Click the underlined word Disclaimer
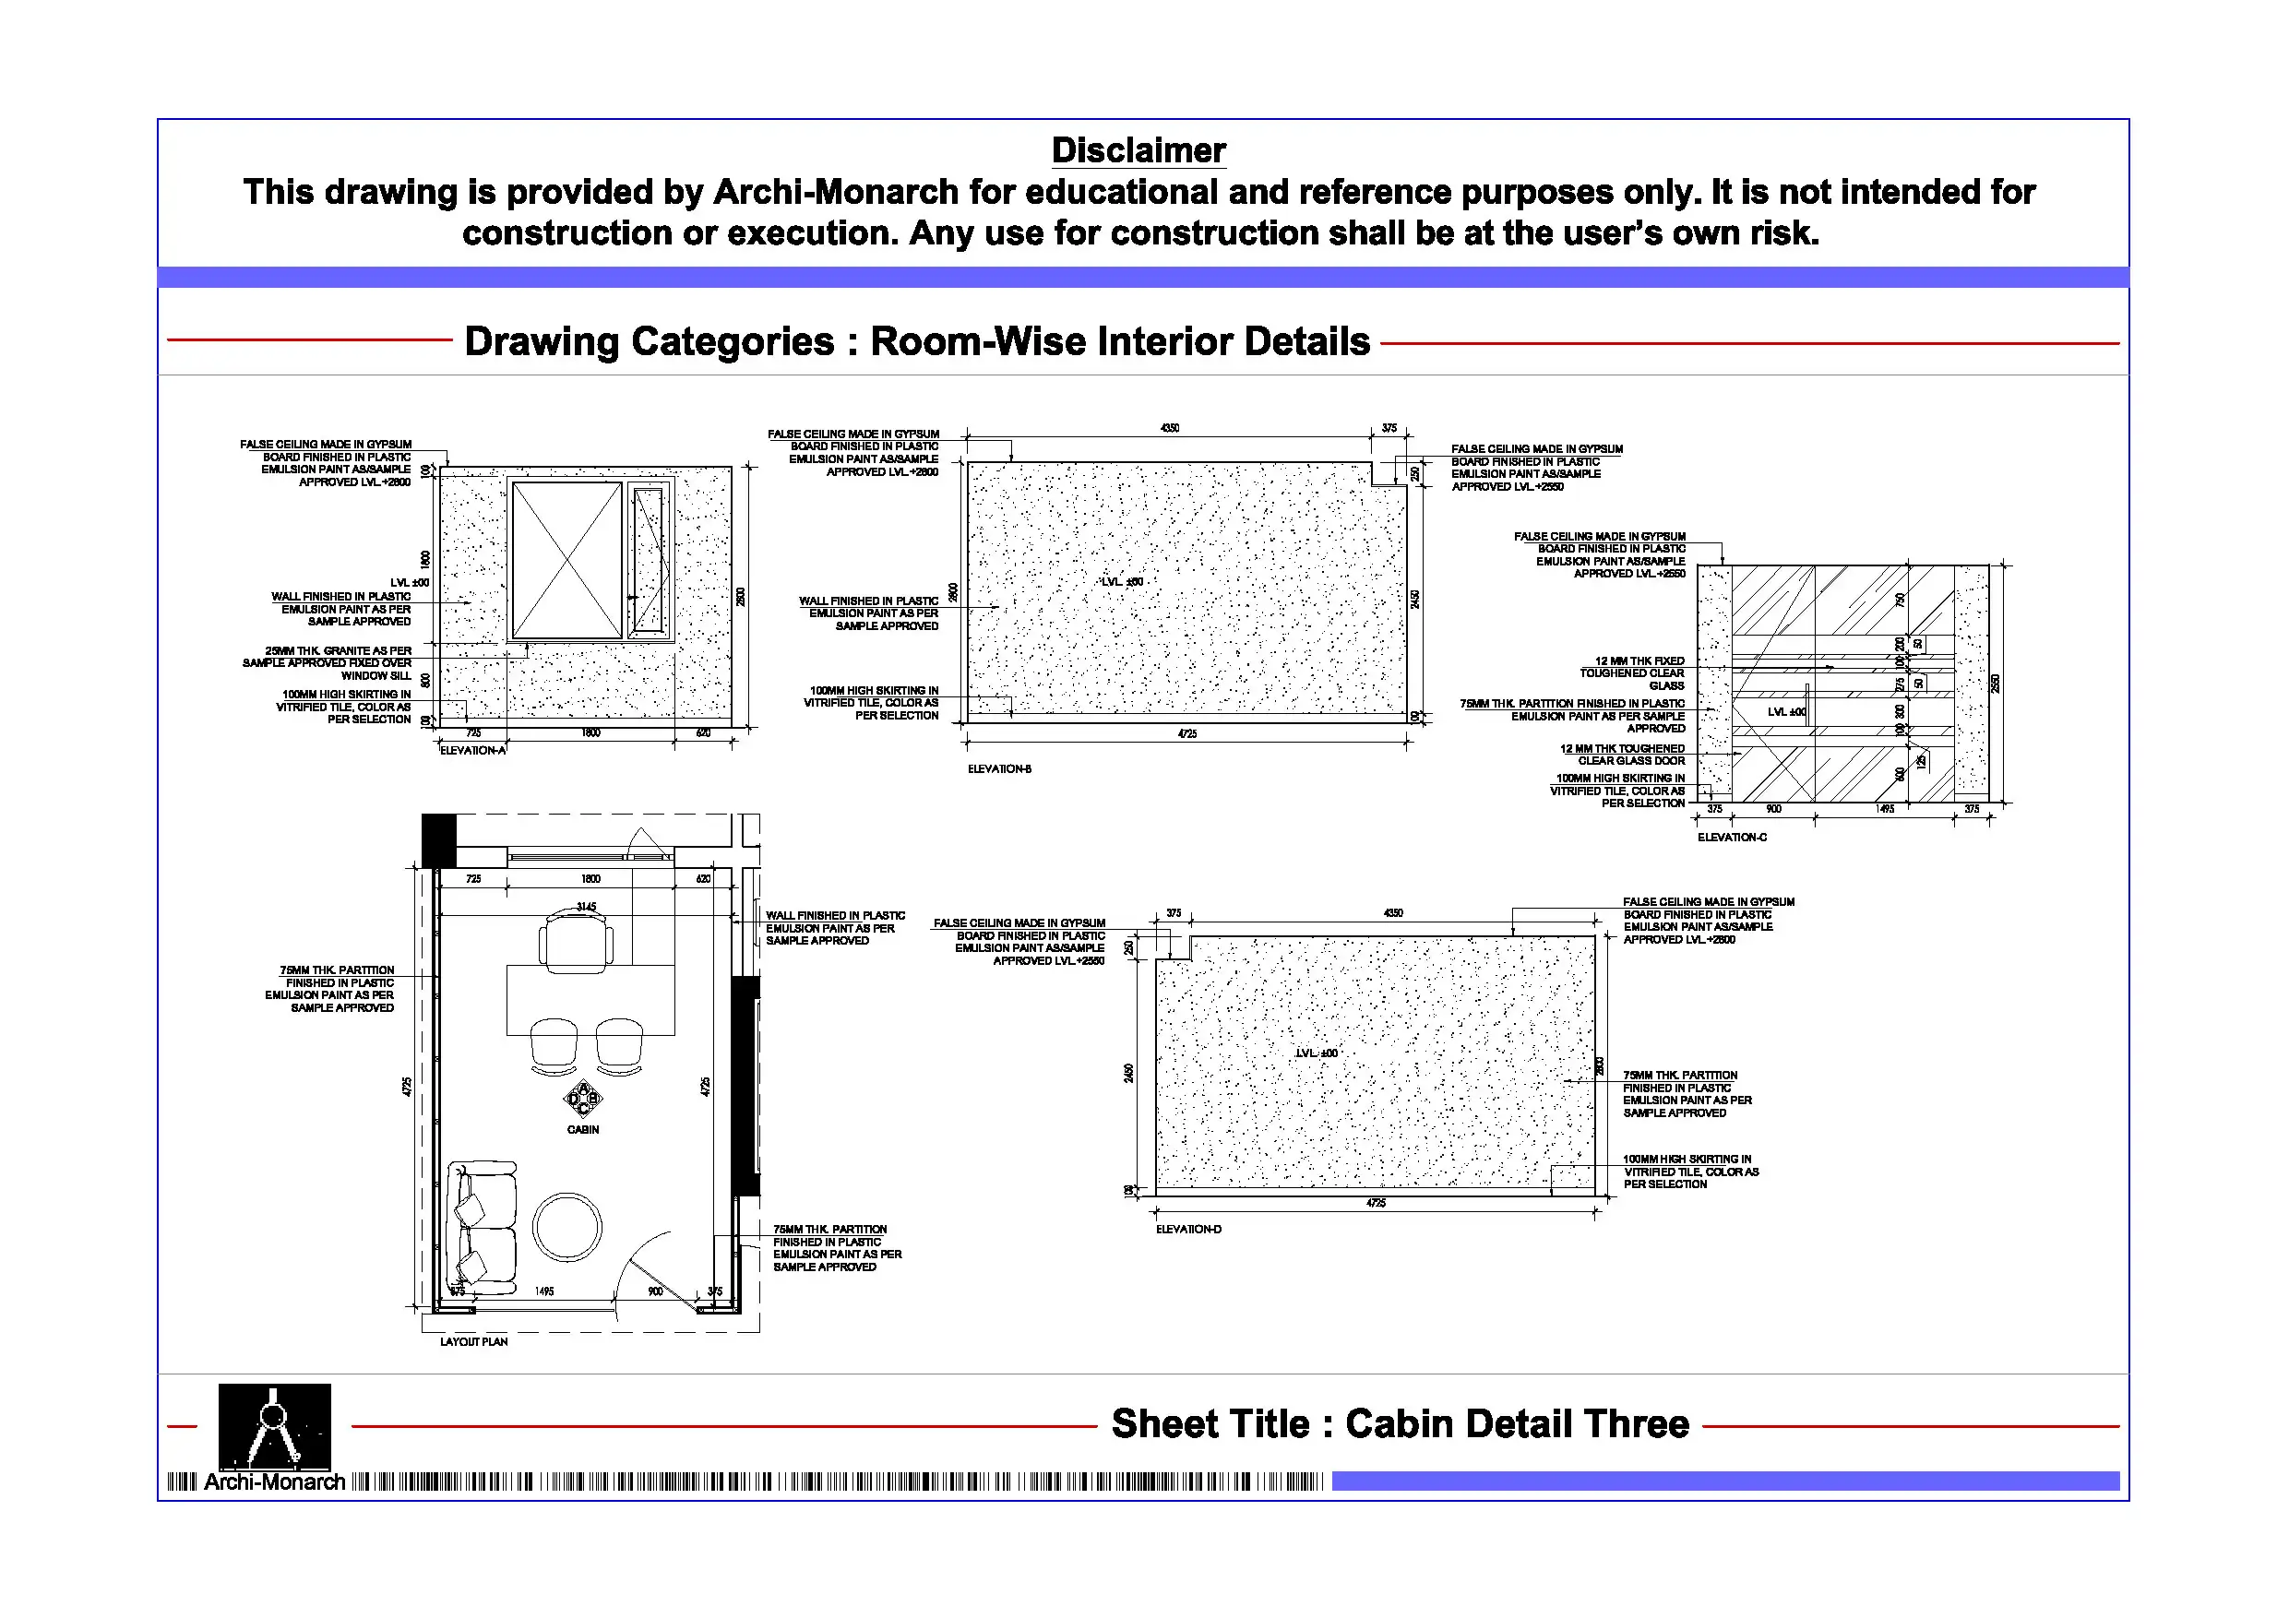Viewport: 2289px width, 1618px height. tap(1138, 150)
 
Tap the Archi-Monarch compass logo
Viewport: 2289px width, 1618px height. tap(274, 1427)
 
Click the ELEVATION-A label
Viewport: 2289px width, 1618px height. tap(472, 751)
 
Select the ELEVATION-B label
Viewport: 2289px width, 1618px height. tap(999, 768)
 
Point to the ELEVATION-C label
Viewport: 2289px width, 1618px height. tap(1732, 838)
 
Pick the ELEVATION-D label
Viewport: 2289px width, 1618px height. tap(1188, 1230)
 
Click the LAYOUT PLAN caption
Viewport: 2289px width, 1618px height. tap(473, 1342)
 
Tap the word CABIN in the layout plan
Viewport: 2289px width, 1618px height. tap(583, 1129)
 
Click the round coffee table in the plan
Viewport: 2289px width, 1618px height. tap(567, 1227)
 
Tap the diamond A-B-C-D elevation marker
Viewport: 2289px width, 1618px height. tap(583, 1099)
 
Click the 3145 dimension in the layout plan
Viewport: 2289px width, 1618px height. tap(586, 906)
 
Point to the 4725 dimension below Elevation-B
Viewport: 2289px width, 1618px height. tap(1186, 733)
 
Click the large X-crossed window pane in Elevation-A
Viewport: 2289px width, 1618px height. tap(566, 560)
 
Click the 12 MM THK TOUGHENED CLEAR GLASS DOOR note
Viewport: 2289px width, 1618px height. tap(1622, 755)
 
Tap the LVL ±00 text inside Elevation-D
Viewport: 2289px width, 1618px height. tap(1316, 1053)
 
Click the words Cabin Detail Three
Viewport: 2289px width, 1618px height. tap(1517, 1423)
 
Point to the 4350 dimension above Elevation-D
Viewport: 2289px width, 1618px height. tap(1393, 912)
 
